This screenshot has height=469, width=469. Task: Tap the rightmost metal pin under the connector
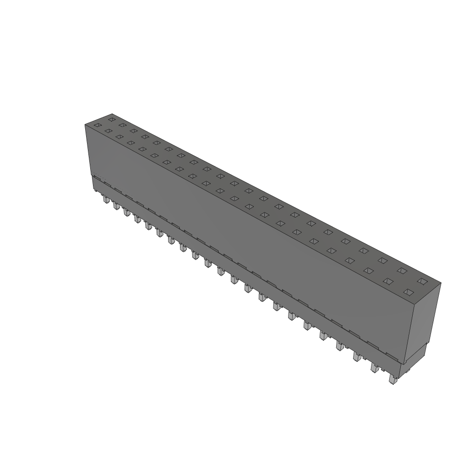(392, 379)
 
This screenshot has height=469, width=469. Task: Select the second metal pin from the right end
(375, 368)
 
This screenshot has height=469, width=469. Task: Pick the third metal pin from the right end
(356, 356)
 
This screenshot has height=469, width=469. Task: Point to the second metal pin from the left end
(116, 206)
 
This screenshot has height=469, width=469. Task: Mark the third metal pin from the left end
(126, 213)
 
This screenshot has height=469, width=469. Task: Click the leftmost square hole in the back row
(111, 119)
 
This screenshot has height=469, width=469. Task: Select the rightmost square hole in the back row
(422, 281)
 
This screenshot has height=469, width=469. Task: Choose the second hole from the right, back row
(402, 271)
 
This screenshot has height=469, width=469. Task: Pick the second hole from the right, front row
(388, 281)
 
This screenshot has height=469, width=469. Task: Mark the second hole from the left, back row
(122, 125)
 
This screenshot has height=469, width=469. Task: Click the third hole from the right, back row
(382, 261)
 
